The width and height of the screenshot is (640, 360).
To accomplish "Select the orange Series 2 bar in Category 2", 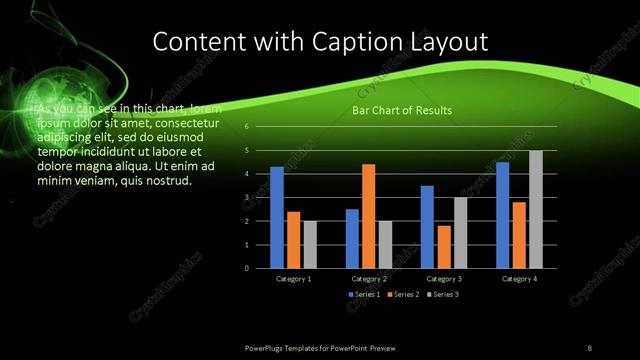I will (368, 216).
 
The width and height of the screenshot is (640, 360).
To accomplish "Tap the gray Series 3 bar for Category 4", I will (536, 209).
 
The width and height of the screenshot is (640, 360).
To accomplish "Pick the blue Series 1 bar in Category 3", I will (427, 227).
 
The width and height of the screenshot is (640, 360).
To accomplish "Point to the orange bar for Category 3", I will (443, 247).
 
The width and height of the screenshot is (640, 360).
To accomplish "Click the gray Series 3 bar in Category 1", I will (309, 245).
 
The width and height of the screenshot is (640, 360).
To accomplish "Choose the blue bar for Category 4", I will (502, 215).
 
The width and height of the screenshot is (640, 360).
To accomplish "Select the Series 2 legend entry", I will (403, 295).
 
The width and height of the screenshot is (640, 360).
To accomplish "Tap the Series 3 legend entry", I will (445, 295).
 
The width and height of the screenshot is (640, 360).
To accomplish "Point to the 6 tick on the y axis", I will (247, 127).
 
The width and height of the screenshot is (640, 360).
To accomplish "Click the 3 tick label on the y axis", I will (247, 198).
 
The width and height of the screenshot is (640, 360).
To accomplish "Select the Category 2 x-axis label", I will (369, 279).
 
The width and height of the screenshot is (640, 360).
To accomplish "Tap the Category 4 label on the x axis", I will (519, 279).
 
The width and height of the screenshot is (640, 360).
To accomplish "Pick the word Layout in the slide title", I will (449, 42).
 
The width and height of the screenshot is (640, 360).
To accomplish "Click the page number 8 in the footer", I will (590, 347).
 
